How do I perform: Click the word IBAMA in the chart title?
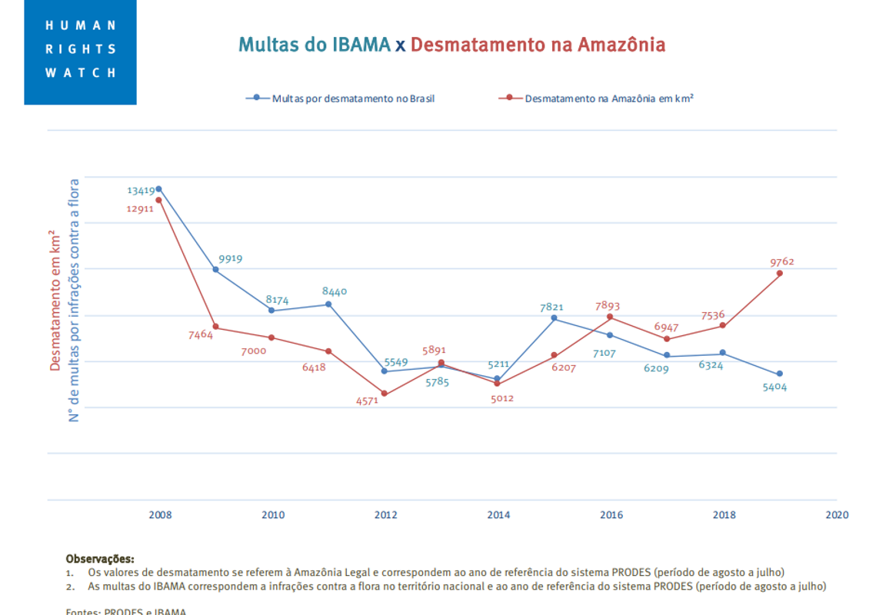pos(361,45)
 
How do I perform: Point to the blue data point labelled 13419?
pos(159,189)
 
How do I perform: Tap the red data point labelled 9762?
pos(780,273)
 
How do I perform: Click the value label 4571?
pos(367,400)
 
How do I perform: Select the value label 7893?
pos(608,306)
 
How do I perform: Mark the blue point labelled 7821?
pos(554,318)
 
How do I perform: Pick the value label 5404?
pos(774,387)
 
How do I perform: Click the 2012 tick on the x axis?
pos(385,515)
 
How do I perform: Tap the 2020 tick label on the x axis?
pos(837,515)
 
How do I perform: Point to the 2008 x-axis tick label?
pos(160,515)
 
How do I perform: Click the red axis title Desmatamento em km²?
pos(55,300)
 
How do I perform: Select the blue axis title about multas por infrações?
pos(75,300)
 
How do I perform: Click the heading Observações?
pos(100,559)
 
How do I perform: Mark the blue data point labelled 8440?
pos(328,304)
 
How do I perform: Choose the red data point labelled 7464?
pos(215,327)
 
